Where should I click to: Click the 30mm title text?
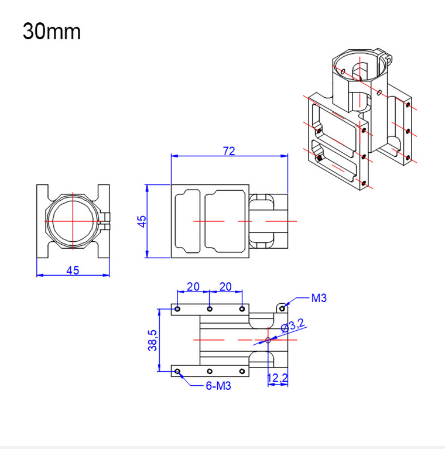point(52,32)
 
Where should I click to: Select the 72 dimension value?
point(229,151)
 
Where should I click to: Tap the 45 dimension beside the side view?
point(142,221)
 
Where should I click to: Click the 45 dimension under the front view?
point(73,270)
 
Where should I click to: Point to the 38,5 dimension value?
point(152,340)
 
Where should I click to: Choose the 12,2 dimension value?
point(278,378)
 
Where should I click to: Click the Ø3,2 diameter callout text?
point(293,326)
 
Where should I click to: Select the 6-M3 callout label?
point(218,386)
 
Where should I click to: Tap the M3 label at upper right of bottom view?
point(319,298)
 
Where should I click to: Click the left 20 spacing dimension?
point(193,287)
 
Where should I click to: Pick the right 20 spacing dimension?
point(225,287)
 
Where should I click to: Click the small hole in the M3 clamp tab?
point(282,309)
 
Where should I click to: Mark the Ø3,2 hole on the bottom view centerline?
point(268,340)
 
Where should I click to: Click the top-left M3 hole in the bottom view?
point(177,309)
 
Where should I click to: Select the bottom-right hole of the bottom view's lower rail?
point(242,371)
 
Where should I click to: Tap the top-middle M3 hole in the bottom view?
point(210,309)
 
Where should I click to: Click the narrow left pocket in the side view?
point(187,221)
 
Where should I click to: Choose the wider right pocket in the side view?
point(225,221)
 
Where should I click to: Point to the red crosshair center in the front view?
point(73,221)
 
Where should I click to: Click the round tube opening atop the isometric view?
point(358,65)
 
